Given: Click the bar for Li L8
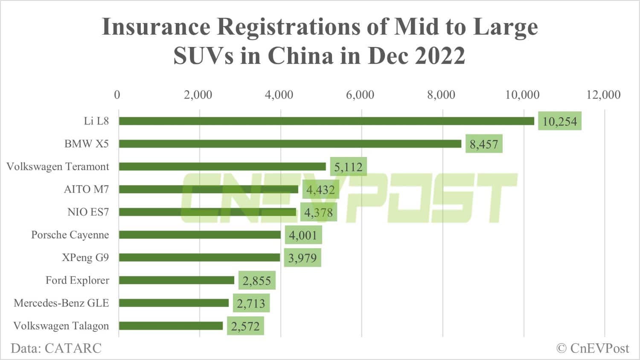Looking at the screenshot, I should pyautogui.click(x=326, y=121).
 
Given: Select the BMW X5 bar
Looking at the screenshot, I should pyautogui.click(x=290, y=144).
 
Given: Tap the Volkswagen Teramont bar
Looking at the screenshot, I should pyautogui.click(x=222, y=166).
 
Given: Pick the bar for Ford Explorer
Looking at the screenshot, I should pyautogui.click(x=177, y=280).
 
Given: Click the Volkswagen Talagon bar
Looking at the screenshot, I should pyautogui.click(x=171, y=326).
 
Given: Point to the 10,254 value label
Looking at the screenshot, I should pyautogui.click(x=559, y=122).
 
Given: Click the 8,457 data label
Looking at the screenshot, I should pyautogui.click(x=484, y=144).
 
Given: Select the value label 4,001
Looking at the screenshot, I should pyautogui.click(x=303, y=235).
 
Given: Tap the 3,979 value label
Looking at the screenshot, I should pyautogui.click(x=302, y=258).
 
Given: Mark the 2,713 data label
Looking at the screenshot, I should pyautogui.click(x=251, y=304).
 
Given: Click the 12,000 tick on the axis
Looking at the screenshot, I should pyautogui.click(x=603, y=95).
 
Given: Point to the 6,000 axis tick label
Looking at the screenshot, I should pyautogui.click(x=360, y=95).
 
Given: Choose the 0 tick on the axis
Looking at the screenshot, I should pyautogui.click(x=117, y=95).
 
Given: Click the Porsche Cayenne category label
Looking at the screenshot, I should pyautogui.click(x=70, y=235).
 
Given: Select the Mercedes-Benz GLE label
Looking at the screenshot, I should pyautogui.click(x=61, y=303).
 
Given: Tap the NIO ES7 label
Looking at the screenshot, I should pyautogui.click(x=88, y=212).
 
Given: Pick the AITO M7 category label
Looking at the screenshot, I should pyautogui.click(x=86, y=189).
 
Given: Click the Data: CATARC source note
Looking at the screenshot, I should pyautogui.click(x=56, y=348).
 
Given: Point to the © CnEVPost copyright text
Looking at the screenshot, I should pyautogui.click(x=593, y=348).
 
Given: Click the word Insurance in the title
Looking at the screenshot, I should pyautogui.click(x=156, y=27).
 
